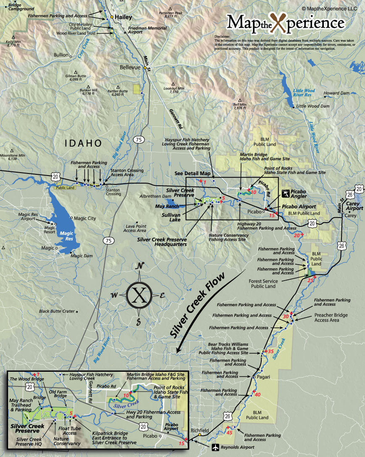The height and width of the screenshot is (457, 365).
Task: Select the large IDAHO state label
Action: coord(83,143)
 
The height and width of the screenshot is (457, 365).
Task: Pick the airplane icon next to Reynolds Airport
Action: coord(216,447)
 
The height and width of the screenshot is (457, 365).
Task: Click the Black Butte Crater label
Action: coord(57,311)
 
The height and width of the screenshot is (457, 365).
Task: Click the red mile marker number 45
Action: coord(229,432)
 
